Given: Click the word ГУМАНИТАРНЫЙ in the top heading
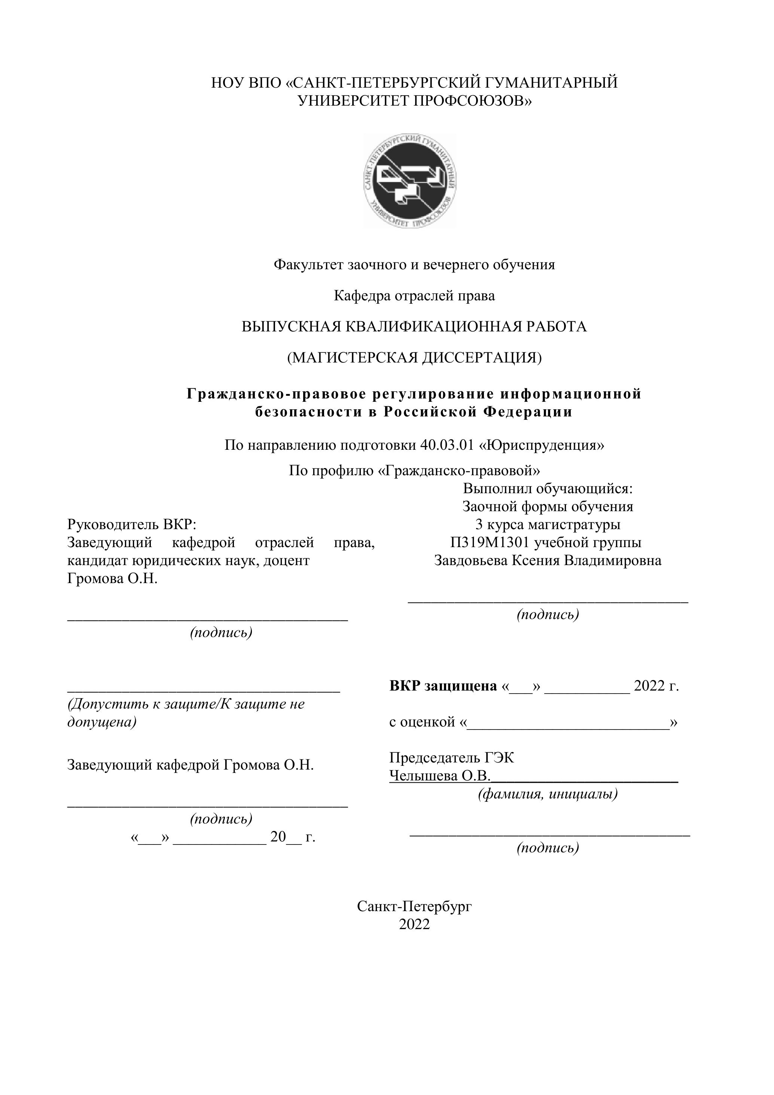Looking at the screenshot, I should [551, 83].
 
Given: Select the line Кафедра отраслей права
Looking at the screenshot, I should [414, 296].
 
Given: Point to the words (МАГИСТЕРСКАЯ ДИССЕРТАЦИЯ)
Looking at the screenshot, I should [414, 358].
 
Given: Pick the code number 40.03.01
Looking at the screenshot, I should [447, 445].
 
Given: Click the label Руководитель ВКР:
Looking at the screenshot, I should [132, 525].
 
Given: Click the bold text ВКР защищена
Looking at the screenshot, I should [443, 686].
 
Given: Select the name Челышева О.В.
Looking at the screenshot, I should [439, 776].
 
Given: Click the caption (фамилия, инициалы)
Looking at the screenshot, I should [548, 794].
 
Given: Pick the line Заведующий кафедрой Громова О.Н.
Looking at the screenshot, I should [190, 765].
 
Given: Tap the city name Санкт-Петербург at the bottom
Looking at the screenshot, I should [414, 906].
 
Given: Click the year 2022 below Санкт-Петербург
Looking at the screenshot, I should [414, 924].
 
